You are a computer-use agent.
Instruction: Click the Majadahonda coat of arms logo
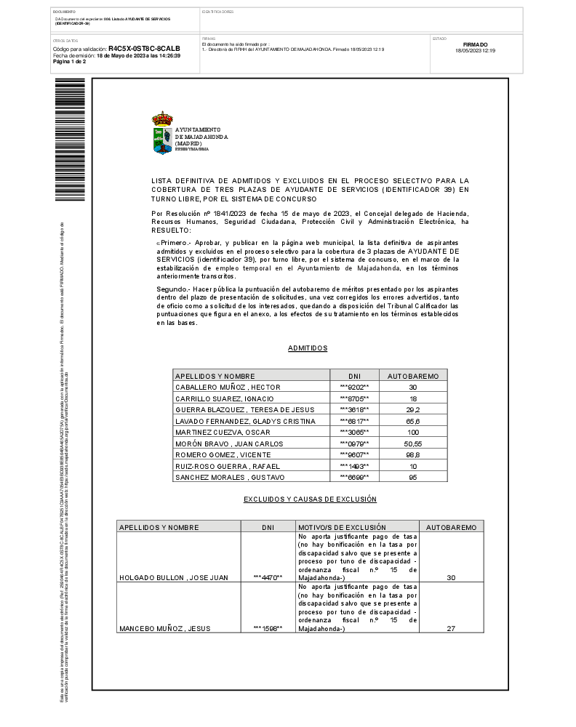(x=162, y=133)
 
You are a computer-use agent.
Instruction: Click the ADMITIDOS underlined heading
(x=308, y=348)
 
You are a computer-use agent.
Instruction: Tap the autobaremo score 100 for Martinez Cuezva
(x=412, y=433)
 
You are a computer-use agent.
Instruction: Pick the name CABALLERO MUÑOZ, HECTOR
(x=228, y=387)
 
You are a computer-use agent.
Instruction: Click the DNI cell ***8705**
(x=354, y=399)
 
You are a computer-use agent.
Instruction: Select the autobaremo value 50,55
(x=412, y=443)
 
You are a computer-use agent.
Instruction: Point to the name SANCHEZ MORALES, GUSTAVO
(x=229, y=477)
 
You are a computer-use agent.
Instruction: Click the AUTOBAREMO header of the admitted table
(x=412, y=376)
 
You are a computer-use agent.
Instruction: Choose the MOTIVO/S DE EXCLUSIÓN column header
(x=342, y=526)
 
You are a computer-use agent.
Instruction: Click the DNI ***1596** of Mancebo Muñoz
(x=268, y=628)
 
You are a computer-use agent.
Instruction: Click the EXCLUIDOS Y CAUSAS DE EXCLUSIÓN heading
(x=310, y=499)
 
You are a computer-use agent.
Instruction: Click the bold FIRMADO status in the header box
(x=475, y=44)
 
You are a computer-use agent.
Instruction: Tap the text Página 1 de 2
(x=70, y=62)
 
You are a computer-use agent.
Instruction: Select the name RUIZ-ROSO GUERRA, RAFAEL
(x=223, y=466)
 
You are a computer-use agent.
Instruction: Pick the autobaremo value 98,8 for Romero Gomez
(x=412, y=454)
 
